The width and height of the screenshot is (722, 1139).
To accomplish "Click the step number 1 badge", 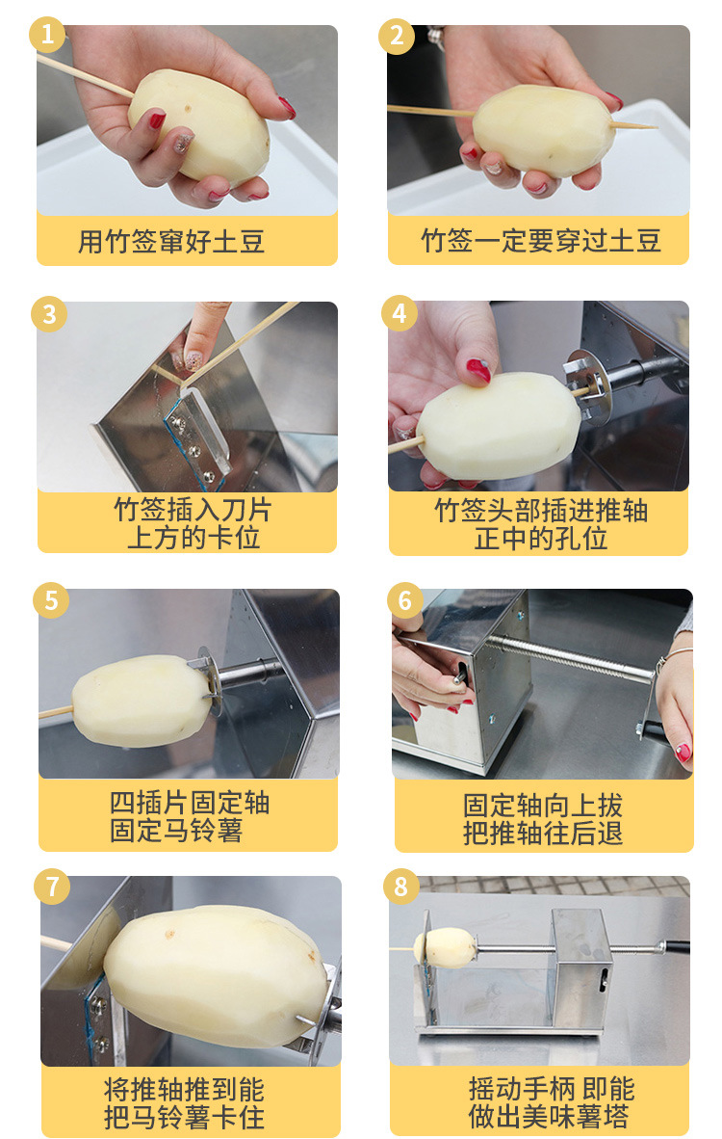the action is pyautogui.click(x=47, y=34).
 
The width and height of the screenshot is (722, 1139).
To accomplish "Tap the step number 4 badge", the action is pyautogui.click(x=400, y=313).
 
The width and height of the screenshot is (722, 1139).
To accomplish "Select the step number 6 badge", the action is pyautogui.click(x=404, y=600).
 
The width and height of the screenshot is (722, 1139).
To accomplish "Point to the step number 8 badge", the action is pyautogui.click(x=400, y=887).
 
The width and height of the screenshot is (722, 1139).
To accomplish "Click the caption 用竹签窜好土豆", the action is pyautogui.click(x=171, y=241).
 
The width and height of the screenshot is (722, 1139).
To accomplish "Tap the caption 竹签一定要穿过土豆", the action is pyautogui.click(x=541, y=241).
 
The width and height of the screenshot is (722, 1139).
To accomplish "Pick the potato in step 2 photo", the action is pyautogui.click(x=543, y=131).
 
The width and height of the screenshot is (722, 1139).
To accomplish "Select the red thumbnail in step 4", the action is pyautogui.click(x=477, y=370).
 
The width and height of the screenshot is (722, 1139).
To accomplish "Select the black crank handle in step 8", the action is pyautogui.click(x=677, y=945).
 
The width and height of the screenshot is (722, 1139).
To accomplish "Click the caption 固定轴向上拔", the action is pyautogui.click(x=543, y=806).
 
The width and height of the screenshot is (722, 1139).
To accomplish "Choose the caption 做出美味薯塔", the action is pyautogui.click(x=549, y=1116).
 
